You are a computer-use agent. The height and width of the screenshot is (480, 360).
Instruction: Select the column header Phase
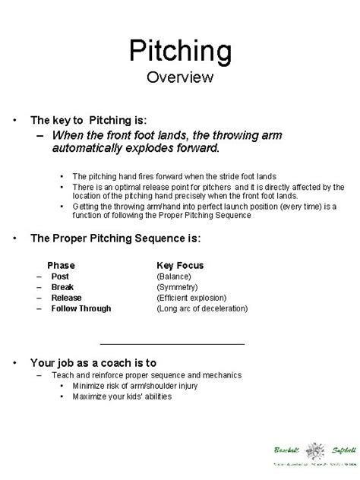(61, 266)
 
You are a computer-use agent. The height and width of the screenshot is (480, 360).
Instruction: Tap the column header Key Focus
(180, 266)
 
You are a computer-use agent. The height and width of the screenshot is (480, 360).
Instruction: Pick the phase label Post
(61, 277)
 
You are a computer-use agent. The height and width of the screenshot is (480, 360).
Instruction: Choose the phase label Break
(63, 288)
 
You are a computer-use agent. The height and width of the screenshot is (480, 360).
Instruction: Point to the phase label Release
(67, 298)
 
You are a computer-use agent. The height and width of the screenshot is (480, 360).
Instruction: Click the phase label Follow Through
(81, 309)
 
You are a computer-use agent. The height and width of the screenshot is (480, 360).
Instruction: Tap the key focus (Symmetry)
(178, 288)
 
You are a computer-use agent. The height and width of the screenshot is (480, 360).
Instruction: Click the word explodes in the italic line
(150, 147)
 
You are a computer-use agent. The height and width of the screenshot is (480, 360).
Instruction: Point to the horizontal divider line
(172, 344)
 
